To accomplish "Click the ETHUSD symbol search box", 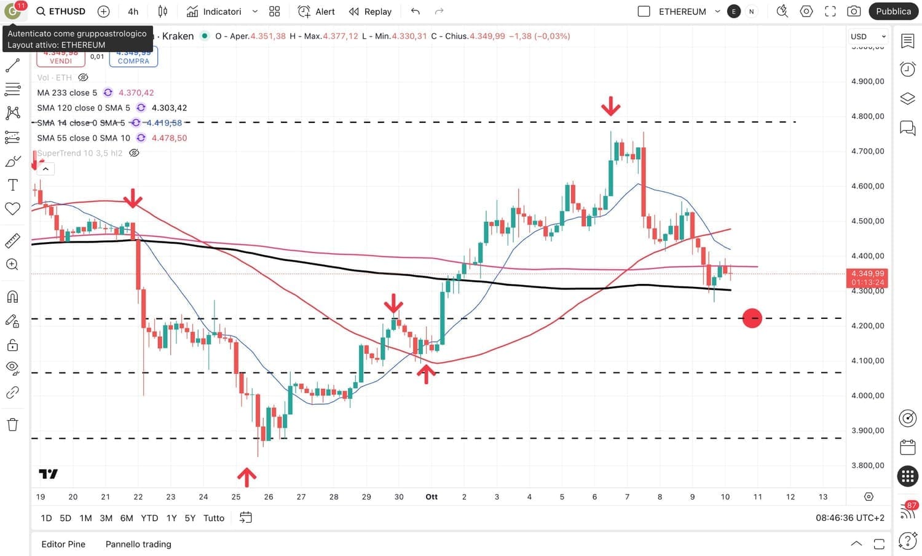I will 61,11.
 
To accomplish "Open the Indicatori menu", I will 215,11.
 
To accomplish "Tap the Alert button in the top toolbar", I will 317,11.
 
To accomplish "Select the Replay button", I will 370,11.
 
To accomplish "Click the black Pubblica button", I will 893,11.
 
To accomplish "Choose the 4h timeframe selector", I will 133,11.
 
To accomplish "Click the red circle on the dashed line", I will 752,318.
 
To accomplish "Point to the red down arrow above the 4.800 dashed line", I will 610,106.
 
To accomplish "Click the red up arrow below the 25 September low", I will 246,477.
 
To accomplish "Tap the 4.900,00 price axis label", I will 867,81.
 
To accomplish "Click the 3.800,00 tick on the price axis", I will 867,465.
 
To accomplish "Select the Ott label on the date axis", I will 431,496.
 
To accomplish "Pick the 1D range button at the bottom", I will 46,518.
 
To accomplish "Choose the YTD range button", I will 149,518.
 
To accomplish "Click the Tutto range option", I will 213,518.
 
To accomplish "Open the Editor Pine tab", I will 63,544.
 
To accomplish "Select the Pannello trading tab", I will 138,544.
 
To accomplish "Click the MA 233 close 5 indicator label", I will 67,93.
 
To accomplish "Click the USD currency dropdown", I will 867,36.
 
